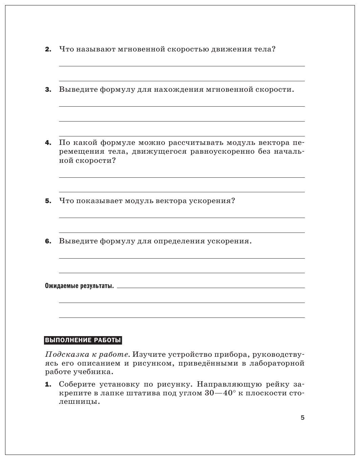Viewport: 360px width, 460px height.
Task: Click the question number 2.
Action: pos(48,49)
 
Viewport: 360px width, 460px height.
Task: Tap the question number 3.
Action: pos(48,90)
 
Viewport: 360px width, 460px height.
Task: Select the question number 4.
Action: pos(48,143)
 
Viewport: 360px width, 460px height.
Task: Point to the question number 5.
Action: pos(48,201)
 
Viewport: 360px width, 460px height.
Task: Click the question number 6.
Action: pos(48,241)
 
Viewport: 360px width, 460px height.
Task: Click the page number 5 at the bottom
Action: pos(302,418)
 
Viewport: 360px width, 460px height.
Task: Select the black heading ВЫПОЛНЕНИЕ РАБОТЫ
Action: pos(83,340)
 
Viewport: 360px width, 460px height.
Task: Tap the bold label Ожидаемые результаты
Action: pos(79,286)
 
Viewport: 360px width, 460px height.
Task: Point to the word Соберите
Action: pos(77,385)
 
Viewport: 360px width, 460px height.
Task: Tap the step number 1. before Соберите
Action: pos(48,385)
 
